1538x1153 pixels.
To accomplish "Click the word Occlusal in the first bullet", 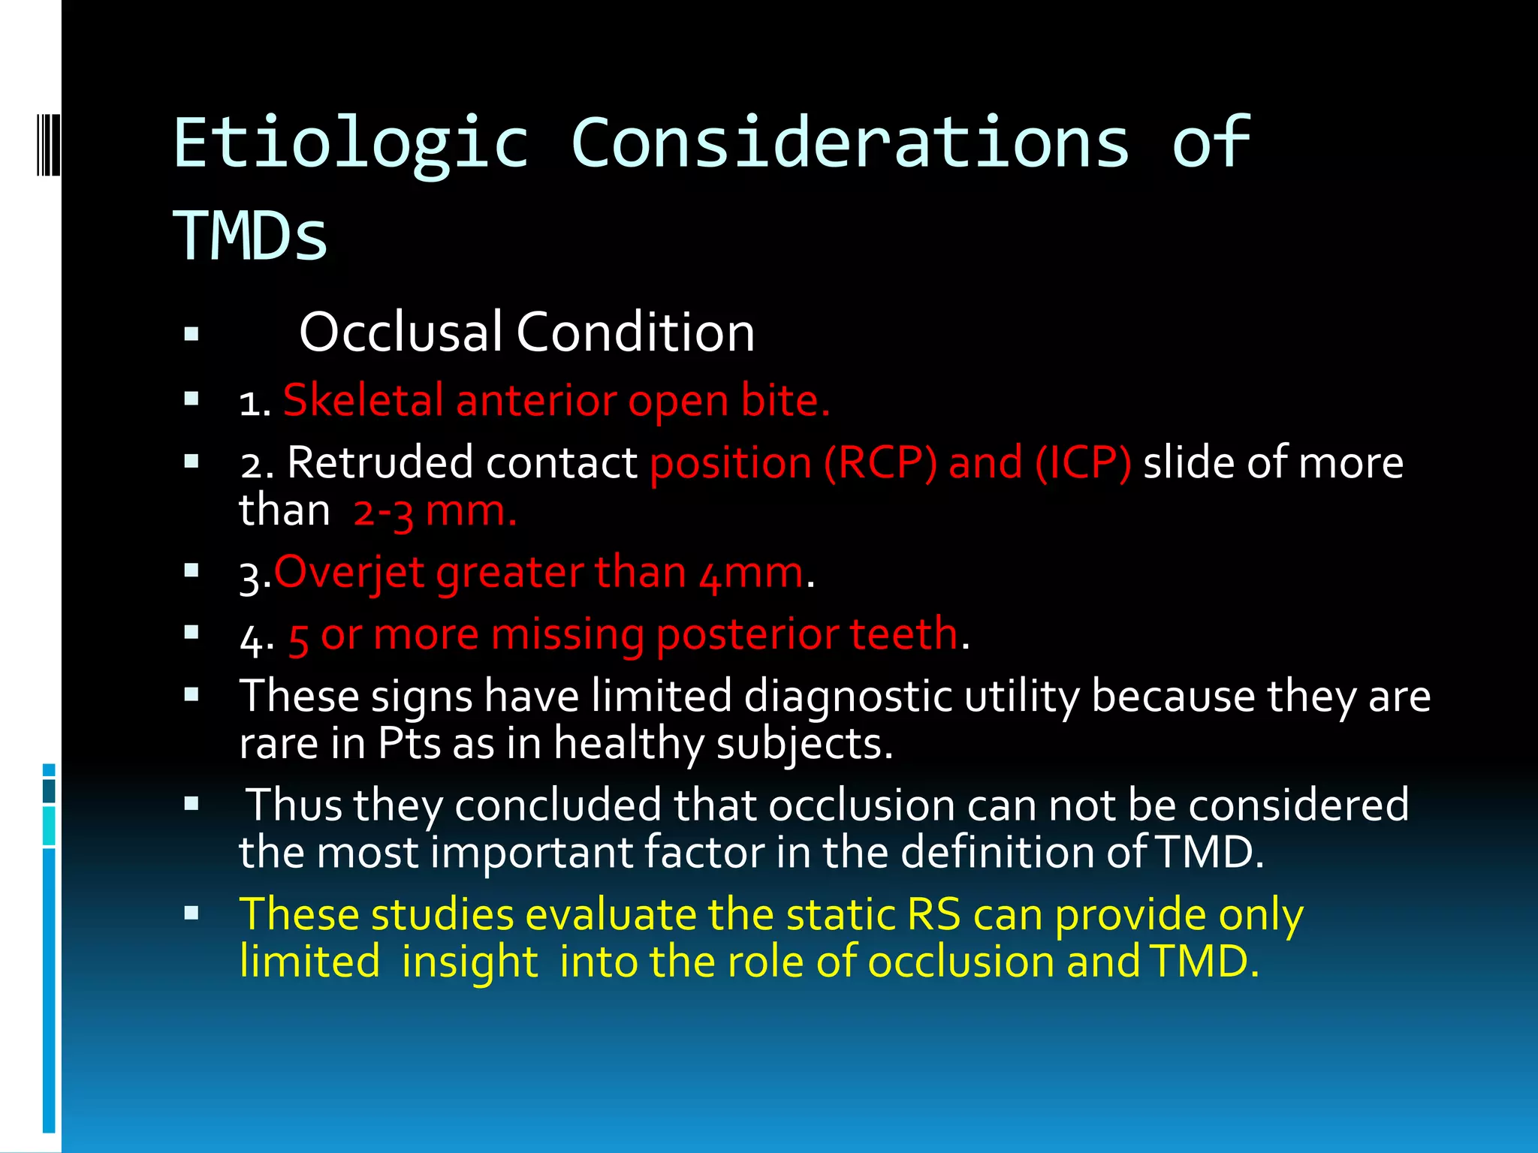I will [x=400, y=332].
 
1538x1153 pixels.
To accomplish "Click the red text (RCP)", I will [x=880, y=462].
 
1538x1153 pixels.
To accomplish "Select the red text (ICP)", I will [x=1083, y=462].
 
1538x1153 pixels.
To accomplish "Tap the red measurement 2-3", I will [x=383, y=513].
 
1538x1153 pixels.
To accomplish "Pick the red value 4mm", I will [x=751, y=574].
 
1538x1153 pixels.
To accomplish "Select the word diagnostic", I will [x=848, y=697].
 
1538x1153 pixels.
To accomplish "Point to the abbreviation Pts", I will [x=409, y=744].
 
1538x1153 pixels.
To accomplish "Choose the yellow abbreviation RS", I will [x=933, y=915].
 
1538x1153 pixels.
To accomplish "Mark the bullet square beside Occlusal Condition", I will [x=191, y=334].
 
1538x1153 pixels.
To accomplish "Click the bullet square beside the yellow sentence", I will [x=191, y=914].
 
